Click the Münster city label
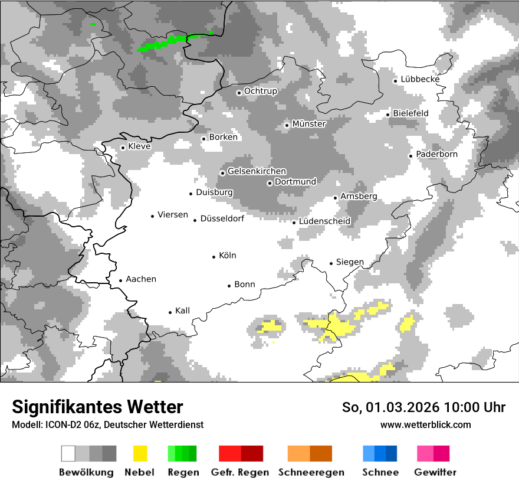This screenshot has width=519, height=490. [x=309, y=124]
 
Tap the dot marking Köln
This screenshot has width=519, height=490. [x=214, y=256]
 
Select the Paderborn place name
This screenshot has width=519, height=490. [x=437, y=155]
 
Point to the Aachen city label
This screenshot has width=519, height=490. [x=141, y=279]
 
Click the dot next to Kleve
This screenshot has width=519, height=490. [x=123, y=148]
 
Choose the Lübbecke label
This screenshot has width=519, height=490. [x=420, y=79]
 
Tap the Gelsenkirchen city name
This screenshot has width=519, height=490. [x=257, y=172]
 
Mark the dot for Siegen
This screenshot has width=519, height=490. [x=331, y=263]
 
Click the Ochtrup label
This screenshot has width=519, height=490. [x=261, y=92]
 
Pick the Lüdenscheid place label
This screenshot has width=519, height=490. [x=325, y=221]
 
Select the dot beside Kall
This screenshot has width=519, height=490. [x=170, y=312]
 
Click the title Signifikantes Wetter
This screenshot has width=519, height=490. [x=97, y=407]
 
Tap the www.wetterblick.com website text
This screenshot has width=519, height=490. [x=426, y=424]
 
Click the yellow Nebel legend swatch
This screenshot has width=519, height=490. [x=140, y=453]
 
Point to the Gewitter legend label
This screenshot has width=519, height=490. [x=435, y=472]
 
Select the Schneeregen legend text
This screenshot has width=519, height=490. [x=311, y=472]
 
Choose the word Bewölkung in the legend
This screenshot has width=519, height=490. [x=86, y=472]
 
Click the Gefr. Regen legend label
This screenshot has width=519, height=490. [x=240, y=472]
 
